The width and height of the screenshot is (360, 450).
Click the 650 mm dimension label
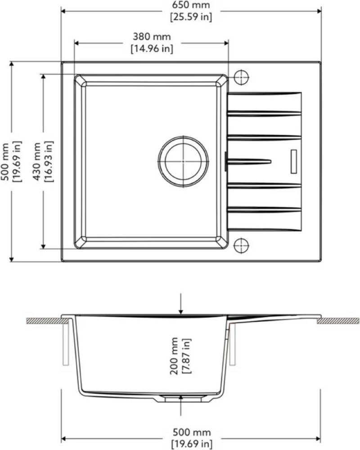click(191, 5)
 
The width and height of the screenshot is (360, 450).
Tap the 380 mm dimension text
click(152, 37)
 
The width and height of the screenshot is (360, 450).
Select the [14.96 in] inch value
click(152, 49)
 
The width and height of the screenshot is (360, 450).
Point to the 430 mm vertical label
click(37, 161)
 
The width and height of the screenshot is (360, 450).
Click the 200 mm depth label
click(174, 356)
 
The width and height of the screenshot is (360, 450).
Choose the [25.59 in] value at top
click(191, 17)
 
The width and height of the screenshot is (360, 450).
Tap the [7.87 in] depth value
click(186, 356)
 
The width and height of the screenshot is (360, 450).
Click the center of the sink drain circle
click(183, 161)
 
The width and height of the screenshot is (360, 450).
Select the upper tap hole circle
click(242, 77)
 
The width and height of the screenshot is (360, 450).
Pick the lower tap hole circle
click(242, 246)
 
